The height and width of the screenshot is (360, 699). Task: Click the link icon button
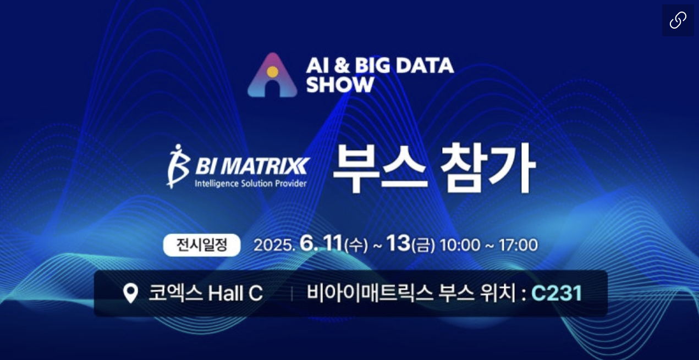tap(678, 20)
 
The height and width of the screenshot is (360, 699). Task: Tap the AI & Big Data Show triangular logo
tap(272, 75)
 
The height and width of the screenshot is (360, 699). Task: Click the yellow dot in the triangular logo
tap(272, 72)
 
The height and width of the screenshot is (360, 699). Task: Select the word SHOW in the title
tap(340, 84)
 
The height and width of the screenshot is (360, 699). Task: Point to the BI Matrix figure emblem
tap(178, 167)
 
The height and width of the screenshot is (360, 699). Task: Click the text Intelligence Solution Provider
tap(251, 184)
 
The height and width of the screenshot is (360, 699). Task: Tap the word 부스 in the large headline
tap(380, 168)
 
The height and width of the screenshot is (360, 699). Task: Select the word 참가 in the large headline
tap(488, 168)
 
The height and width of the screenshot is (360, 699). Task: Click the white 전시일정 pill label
tap(202, 245)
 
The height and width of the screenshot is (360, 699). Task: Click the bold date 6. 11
tap(321, 243)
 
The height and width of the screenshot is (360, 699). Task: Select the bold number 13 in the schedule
tap(398, 243)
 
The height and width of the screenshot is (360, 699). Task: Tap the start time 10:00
tap(460, 245)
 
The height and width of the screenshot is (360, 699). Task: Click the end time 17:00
tap(518, 245)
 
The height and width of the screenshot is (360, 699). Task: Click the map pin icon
tap(131, 293)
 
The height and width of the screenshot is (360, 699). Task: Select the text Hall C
tap(235, 293)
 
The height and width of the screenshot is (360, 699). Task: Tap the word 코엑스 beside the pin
tap(175, 293)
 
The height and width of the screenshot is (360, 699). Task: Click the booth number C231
tap(557, 293)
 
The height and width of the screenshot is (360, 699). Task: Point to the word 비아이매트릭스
tap(370, 293)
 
